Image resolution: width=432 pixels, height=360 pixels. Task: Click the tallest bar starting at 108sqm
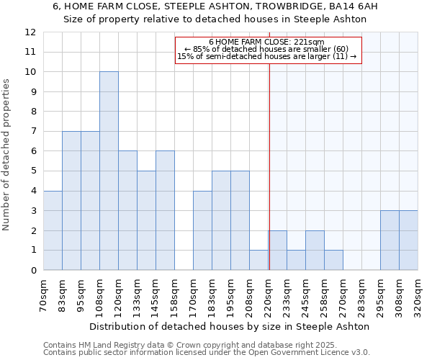[x=109, y=171]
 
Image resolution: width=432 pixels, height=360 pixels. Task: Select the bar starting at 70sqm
[x=53, y=230]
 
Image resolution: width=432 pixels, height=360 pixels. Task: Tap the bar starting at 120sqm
[x=127, y=210]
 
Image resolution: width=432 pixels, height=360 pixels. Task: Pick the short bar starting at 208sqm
[x=258, y=260]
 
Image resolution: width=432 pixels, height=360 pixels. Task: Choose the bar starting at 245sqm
[x=315, y=250]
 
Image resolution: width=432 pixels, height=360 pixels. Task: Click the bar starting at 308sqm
[x=408, y=240]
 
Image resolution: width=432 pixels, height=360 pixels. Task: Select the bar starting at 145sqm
[x=165, y=210]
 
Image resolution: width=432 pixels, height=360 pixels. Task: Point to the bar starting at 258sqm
[x=333, y=260]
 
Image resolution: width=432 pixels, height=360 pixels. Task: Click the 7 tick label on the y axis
[x=33, y=132]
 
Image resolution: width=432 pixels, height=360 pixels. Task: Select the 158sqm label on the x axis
[x=174, y=293]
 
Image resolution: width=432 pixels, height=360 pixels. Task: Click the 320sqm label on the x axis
[x=417, y=293]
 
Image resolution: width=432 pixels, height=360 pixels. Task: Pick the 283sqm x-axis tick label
[x=361, y=293]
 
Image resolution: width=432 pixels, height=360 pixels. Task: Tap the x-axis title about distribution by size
[x=230, y=326]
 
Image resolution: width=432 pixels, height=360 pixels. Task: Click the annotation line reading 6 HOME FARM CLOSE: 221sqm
[x=267, y=42]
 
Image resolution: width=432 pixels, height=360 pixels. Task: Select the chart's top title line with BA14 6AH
[x=215, y=6]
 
